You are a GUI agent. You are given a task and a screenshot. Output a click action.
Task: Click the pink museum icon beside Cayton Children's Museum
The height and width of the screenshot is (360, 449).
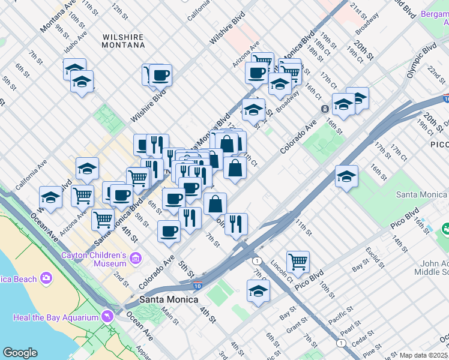click(x=136, y=259)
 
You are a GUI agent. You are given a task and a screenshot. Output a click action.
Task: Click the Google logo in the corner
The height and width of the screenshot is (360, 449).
click(x=20, y=353)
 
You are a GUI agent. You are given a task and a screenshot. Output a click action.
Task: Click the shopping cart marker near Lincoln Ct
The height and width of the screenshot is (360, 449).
click(x=298, y=261)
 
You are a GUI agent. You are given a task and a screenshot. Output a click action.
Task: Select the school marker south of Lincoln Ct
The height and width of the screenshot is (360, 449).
click(x=258, y=291)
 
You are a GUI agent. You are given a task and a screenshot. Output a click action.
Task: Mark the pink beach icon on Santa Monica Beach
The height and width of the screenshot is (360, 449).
click(x=46, y=278)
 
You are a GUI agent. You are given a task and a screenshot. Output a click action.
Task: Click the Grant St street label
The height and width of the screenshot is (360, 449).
click(x=297, y=328)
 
